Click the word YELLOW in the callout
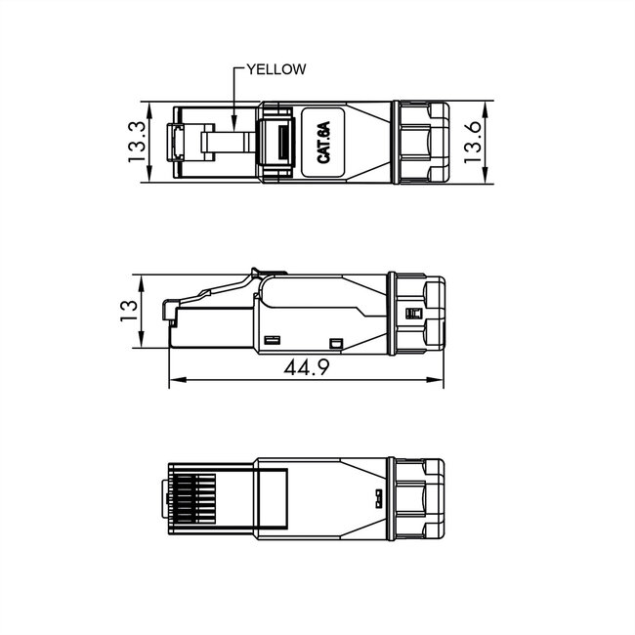click(x=276, y=68)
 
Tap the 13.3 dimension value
click(x=136, y=141)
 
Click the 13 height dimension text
click(x=128, y=312)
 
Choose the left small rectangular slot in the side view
click(x=273, y=339)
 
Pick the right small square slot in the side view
click(x=338, y=343)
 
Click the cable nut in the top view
click(x=419, y=142)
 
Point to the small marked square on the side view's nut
click(x=411, y=314)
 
